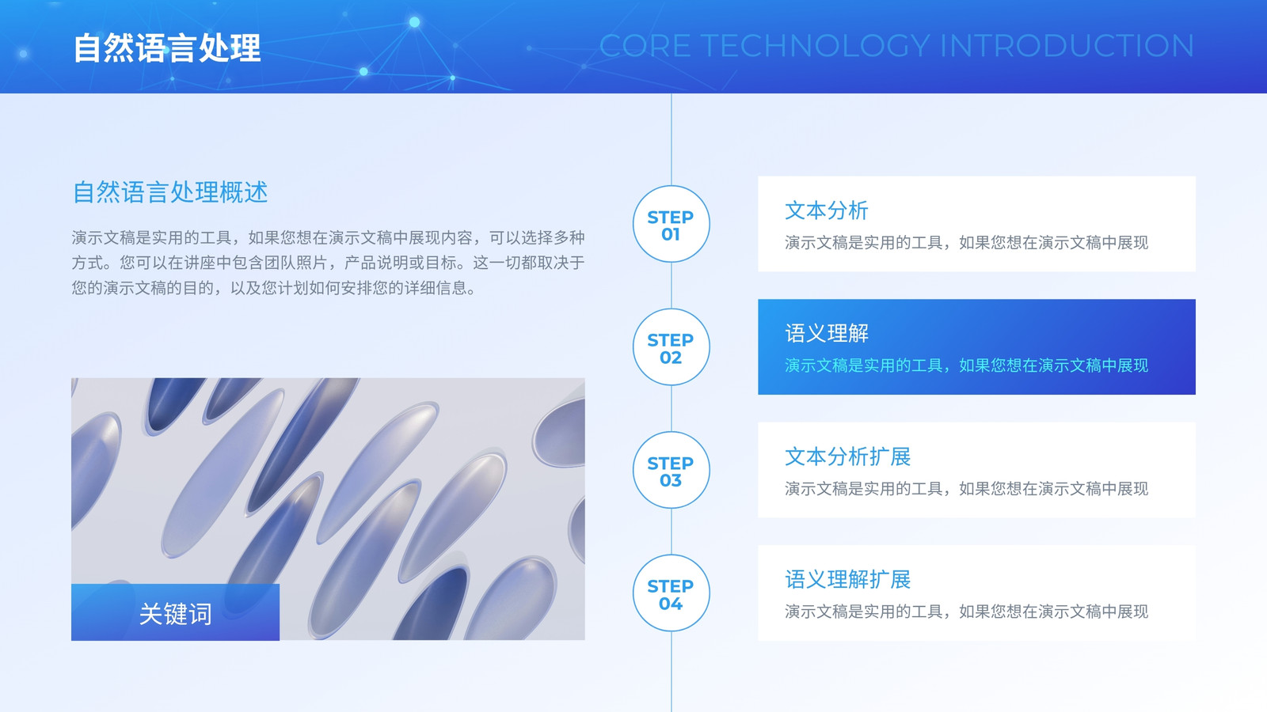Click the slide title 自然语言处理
pos(167,47)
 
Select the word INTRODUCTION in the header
pos(1067,46)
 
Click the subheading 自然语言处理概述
pos(169,192)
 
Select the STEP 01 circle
pos(671,224)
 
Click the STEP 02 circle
pos(671,347)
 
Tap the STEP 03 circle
pos(671,470)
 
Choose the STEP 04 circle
pos(671,593)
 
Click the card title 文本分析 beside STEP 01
pos(827,210)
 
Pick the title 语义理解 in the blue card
pos(827,333)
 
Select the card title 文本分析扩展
pos(847,456)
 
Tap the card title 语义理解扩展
pos(847,579)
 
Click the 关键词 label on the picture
pos(175,614)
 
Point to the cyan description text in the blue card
pos(966,365)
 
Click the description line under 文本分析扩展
pos(966,489)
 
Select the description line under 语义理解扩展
pos(966,612)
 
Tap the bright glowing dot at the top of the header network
pos(415,22)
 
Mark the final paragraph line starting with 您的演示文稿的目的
pos(274,288)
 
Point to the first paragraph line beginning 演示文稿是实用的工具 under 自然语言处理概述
pos(328,238)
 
